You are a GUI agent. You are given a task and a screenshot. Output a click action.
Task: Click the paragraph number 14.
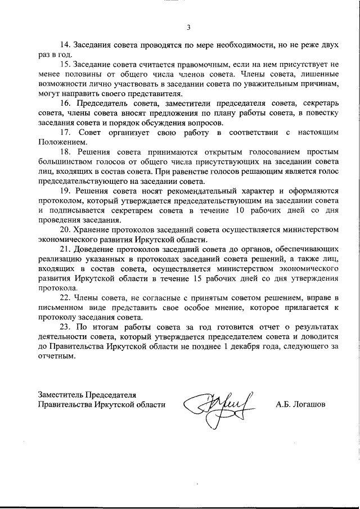tap(65, 44)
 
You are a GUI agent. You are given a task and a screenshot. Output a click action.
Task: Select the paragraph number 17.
tap(65, 133)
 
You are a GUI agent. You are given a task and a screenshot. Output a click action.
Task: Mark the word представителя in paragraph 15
tap(158, 93)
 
